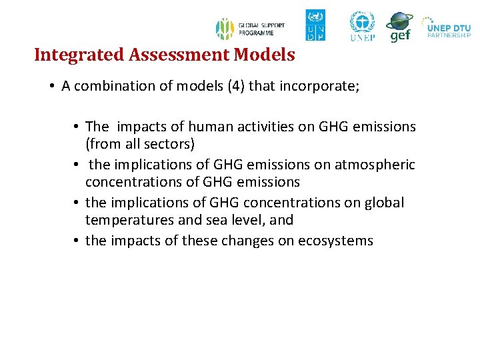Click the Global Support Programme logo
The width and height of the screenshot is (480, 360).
[250, 29]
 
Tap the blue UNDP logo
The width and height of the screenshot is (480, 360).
[315, 25]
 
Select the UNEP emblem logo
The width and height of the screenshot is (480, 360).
[363, 26]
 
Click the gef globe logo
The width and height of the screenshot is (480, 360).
[399, 27]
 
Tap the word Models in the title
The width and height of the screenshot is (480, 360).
[265, 55]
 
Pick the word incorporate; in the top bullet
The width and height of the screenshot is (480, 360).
[323, 87]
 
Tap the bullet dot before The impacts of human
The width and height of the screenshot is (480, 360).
[77, 127]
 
